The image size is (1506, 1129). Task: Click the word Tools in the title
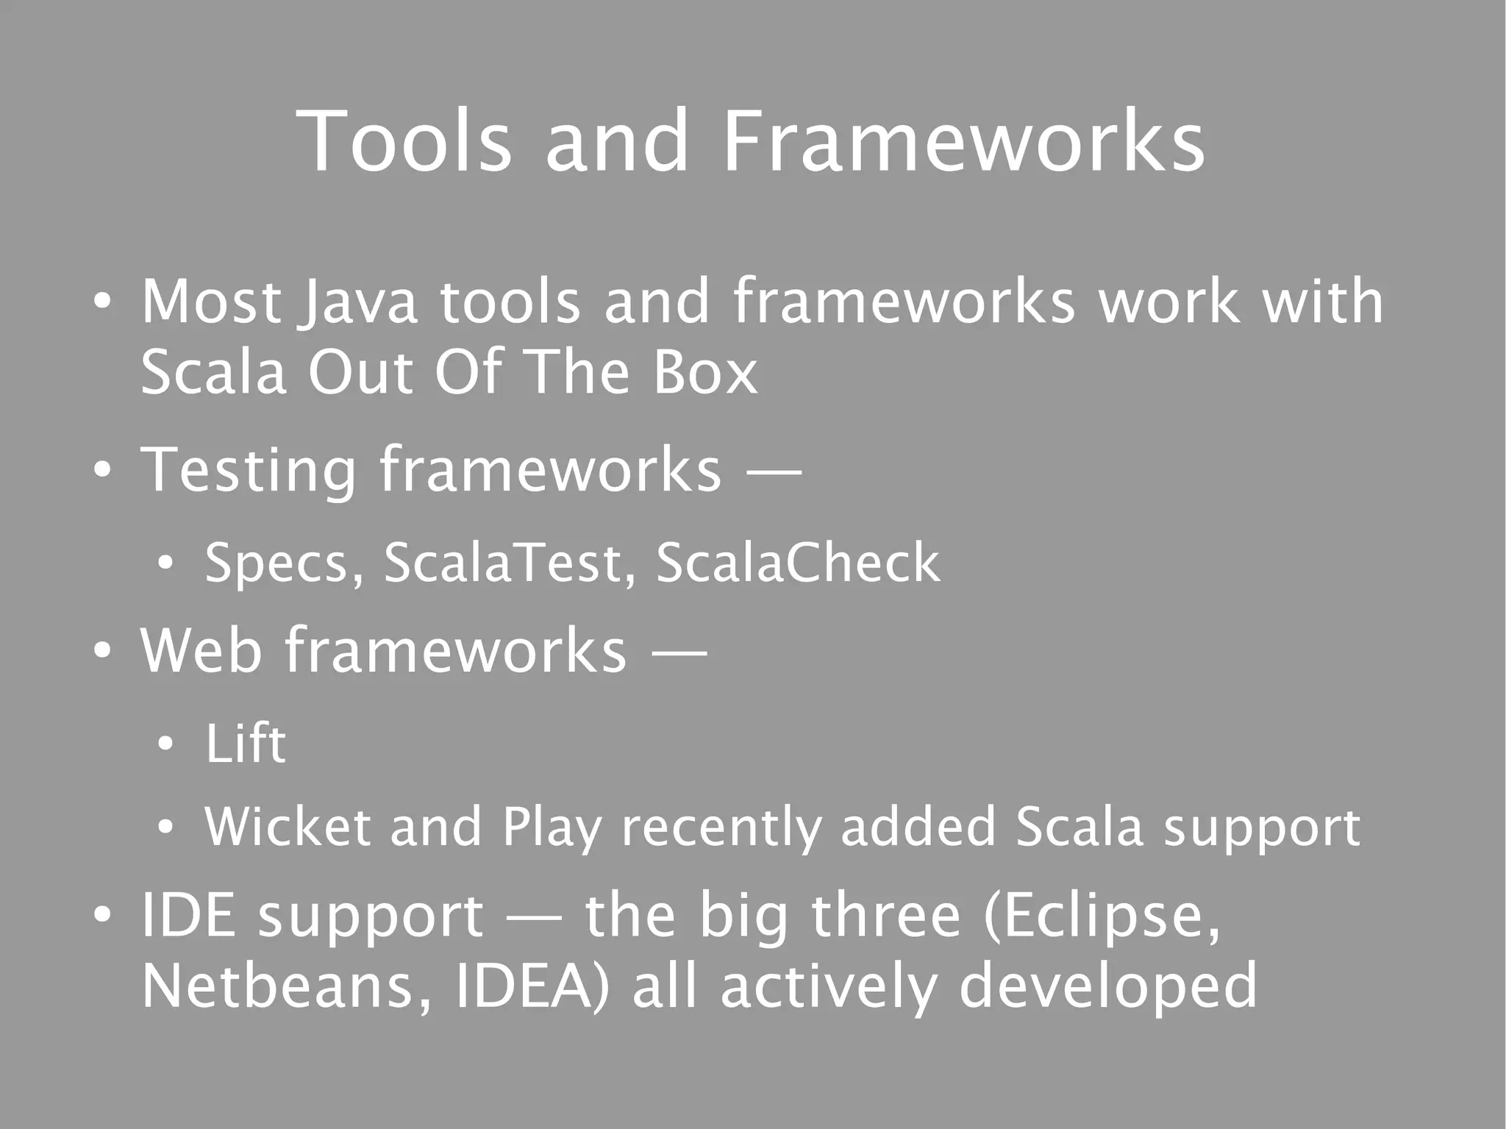(x=404, y=141)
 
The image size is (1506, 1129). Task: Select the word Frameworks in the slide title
(x=963, y=141)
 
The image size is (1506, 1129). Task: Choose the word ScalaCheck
(x=797, y=563)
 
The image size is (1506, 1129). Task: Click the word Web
(x=201, y=650)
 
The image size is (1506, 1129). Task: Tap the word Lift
(x=245, y=744)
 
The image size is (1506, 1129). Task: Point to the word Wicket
(x=288, y=827)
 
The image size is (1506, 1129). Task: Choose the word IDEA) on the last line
(x=532, y=987)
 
